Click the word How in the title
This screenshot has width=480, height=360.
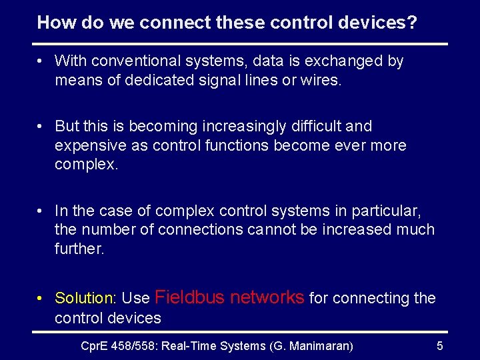[52, 23]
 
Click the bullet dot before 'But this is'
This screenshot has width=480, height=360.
[41, 127]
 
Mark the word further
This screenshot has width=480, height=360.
[79, 249]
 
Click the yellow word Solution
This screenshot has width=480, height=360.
[84, 298]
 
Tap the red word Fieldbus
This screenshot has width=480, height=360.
[190, 297]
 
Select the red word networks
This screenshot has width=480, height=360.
[267, 297]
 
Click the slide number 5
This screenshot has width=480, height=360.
[439, 345]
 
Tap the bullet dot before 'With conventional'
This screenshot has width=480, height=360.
[41, 62]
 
